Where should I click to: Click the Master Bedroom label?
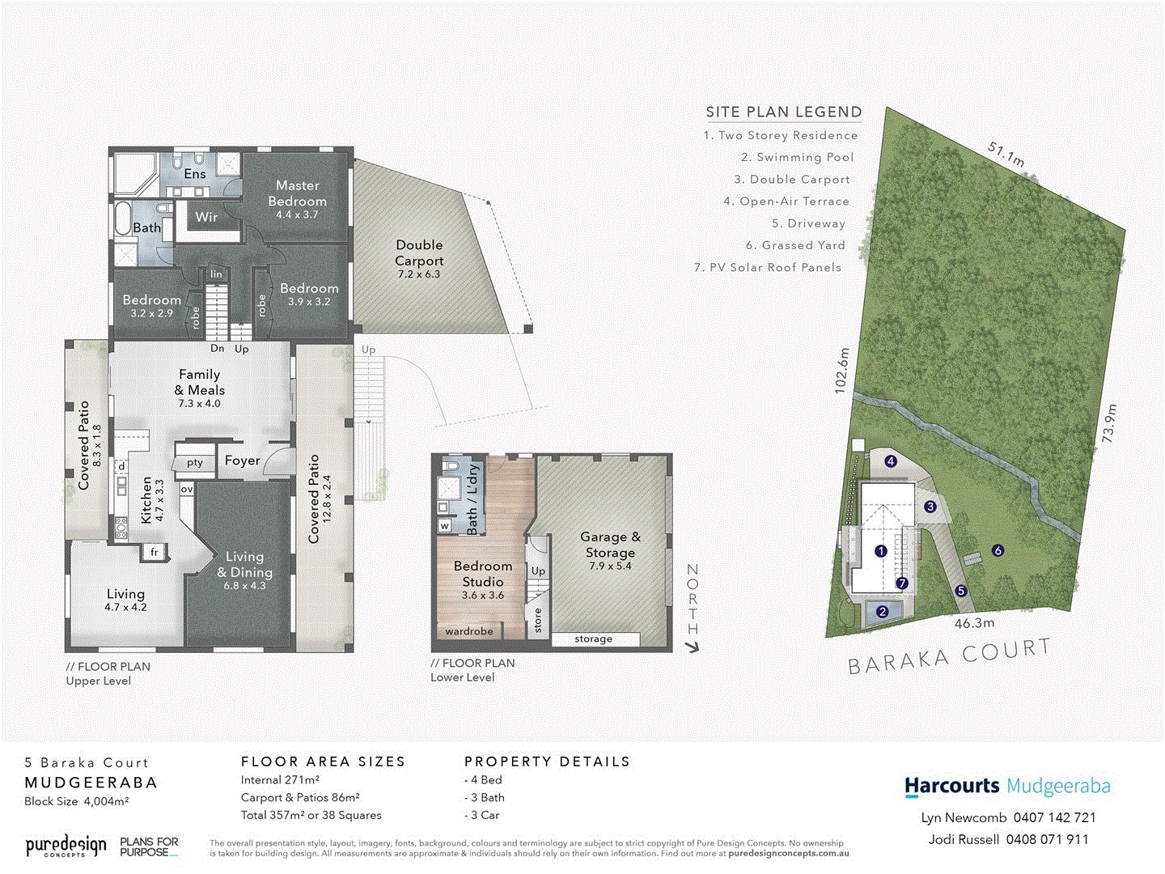point(297,193)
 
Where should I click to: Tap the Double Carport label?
point(419,252)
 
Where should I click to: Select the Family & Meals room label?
point(199,382)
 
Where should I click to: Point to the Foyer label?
point(242,460)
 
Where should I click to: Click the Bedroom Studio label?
point(483,574)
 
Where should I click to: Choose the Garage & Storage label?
point(610,545)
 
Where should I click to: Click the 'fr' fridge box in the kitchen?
point(154,552)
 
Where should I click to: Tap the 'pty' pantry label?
point(195,463)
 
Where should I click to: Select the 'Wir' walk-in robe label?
point(206,217)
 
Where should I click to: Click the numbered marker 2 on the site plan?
point(883,612)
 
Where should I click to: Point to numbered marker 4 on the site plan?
point(891,461)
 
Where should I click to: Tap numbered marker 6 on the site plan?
point(998,550)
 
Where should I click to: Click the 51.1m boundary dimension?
point(1006,154)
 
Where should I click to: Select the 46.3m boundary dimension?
point(974,623)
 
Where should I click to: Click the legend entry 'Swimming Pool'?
point(797,157)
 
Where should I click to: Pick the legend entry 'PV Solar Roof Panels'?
point(768,267)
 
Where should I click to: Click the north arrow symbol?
point(692,647)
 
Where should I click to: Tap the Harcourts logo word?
point(952,786)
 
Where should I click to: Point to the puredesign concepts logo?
point(66,846)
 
